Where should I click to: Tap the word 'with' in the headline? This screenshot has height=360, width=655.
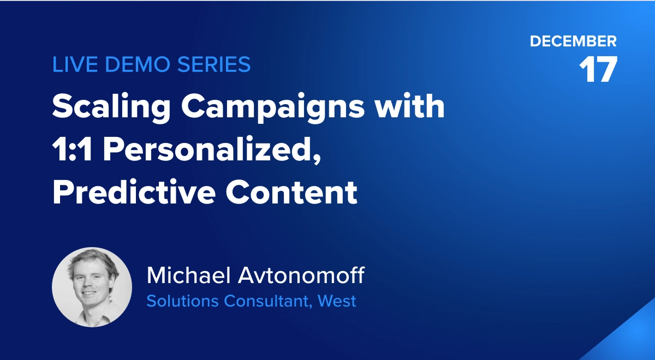(x=416, y=106)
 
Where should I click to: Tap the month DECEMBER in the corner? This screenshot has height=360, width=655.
(x=573, y=41)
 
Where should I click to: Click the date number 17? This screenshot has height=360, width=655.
(x=598, y=70)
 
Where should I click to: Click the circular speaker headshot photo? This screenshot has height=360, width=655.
(x=92, y=287)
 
